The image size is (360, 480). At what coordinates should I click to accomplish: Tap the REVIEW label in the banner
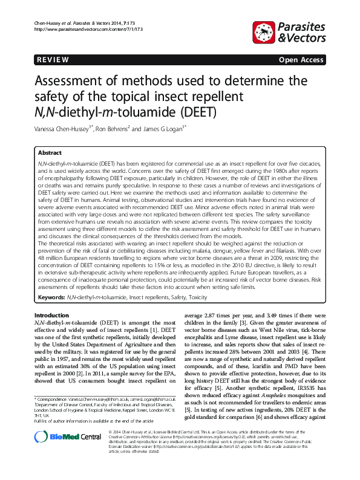pyautogui.click(x=53, y=60)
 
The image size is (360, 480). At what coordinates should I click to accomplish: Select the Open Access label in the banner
pyautogui.click(x=301, y=60)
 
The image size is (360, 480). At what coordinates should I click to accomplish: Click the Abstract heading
pyautogui.click(x=50, y=154)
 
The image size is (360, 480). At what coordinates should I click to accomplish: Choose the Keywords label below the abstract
pyautogui.click(x=51, y=298)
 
